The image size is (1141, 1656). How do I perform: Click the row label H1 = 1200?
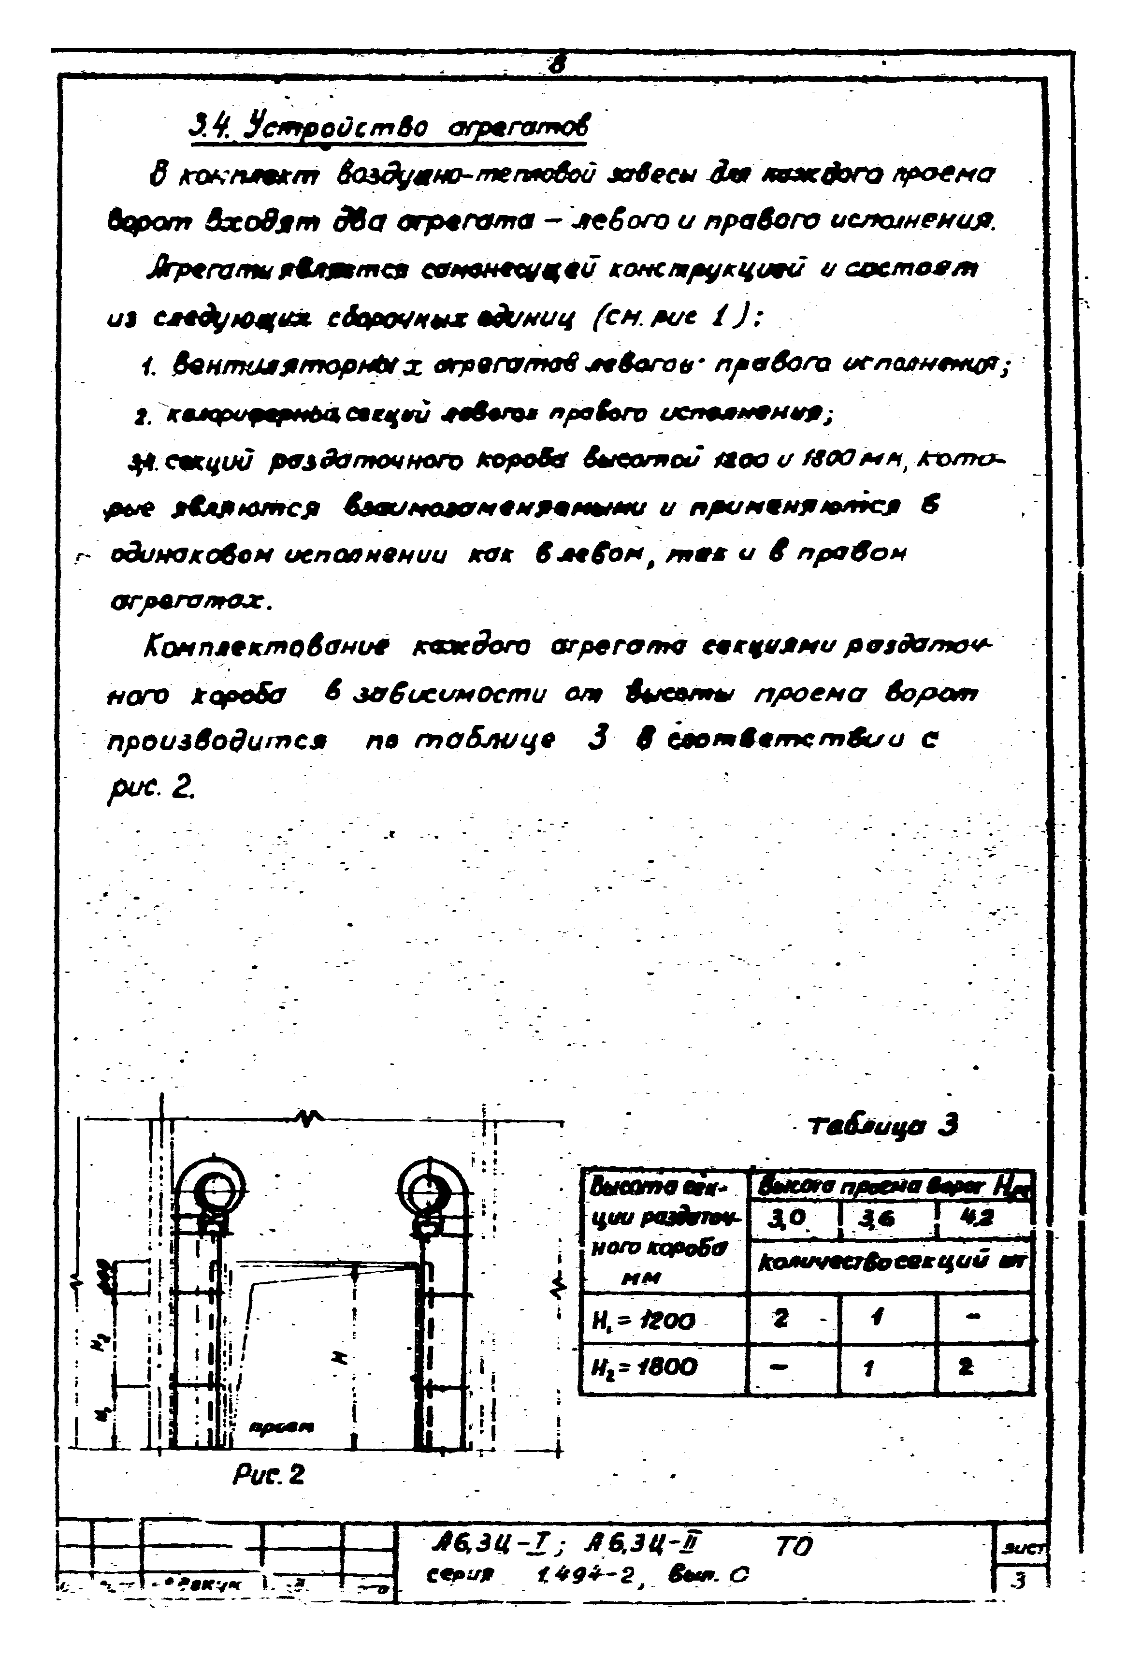coord(643,1322)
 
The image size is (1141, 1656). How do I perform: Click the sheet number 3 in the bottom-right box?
coord(1020,1582)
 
